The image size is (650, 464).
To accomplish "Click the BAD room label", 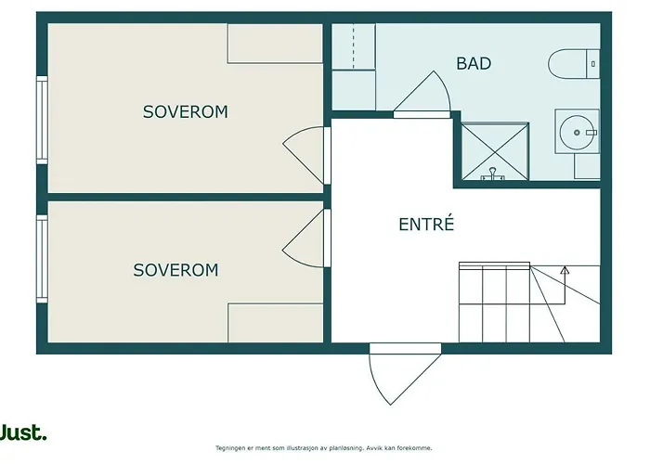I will coord(474,64).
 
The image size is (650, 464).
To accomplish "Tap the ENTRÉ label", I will coord(426,224).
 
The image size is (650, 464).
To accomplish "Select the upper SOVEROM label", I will coord(185,112).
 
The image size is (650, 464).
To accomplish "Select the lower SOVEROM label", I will coord(175,270).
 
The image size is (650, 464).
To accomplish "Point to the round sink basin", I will coord(578,132).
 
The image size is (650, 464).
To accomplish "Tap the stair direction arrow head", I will coord(565,271).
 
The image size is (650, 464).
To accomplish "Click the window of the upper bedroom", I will coord(41,120).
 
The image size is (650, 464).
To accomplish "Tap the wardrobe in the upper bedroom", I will coord(275,44).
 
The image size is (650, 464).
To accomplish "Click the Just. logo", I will coord(22,432).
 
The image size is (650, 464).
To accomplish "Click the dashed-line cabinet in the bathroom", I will coord(354,47).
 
